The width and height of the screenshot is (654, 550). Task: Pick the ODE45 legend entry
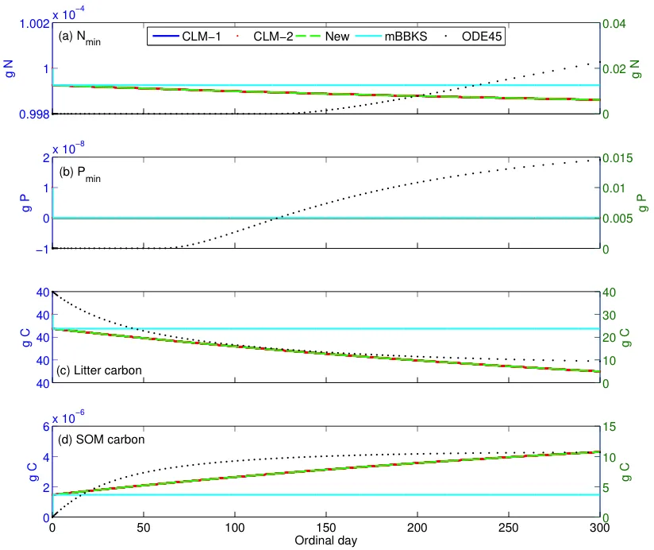[x=480, y=37]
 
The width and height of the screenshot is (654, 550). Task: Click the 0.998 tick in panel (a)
[x=31, y=114]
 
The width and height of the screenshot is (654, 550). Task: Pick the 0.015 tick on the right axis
[x=618, y=158]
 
